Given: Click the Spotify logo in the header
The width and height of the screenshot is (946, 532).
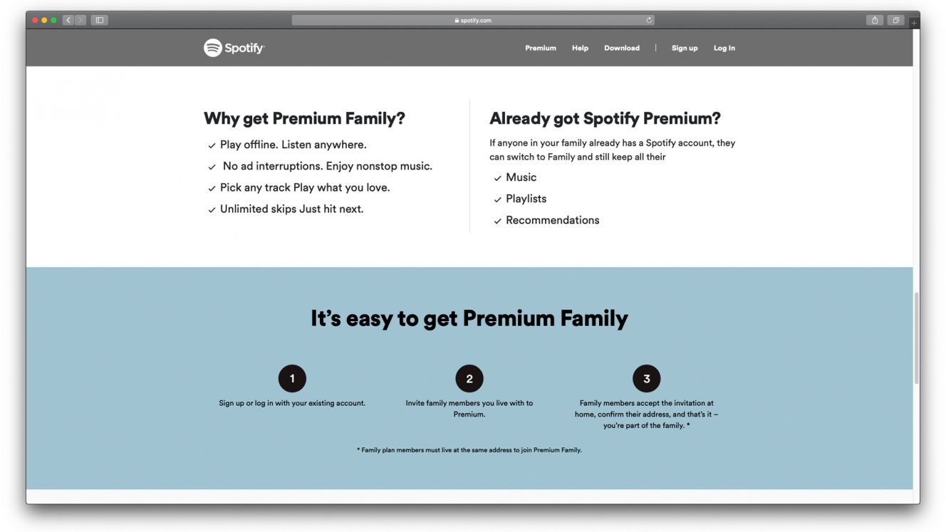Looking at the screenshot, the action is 234,48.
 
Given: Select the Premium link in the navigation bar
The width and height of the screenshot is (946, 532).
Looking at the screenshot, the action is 541,48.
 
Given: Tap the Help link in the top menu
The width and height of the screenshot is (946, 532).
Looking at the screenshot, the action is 580,48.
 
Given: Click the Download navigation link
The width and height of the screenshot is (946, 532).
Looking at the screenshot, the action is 622,48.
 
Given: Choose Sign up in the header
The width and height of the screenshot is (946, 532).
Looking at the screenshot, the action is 685,48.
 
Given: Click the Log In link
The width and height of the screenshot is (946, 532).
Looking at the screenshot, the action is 724,48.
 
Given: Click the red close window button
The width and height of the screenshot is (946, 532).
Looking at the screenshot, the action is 35,20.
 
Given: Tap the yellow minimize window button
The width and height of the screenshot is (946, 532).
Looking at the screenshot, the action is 44,20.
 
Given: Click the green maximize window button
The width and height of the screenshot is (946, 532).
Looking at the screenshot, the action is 53,20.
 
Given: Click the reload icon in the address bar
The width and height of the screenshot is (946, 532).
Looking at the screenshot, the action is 649,20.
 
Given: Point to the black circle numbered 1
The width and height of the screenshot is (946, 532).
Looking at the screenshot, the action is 292,378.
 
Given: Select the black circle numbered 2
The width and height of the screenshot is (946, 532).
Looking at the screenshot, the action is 469,378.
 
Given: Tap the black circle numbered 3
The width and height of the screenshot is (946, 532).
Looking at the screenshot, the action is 647,378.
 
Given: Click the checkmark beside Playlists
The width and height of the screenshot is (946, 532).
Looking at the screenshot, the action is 497,199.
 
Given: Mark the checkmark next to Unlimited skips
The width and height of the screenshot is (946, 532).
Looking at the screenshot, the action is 212,210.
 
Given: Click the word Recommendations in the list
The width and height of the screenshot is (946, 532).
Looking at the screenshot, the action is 552,220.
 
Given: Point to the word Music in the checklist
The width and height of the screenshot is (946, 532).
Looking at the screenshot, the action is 521,177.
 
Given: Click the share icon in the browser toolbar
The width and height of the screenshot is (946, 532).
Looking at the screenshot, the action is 875,20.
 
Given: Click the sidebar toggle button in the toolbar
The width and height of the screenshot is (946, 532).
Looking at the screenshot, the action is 100,20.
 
